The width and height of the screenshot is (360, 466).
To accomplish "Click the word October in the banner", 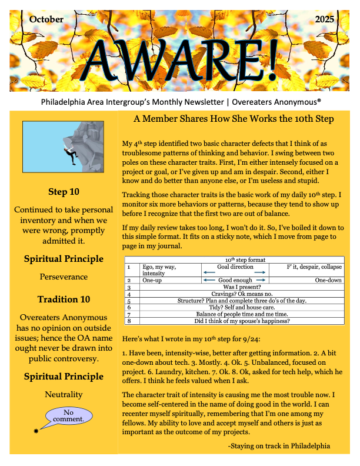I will pyautogui.click(x=46, y=19).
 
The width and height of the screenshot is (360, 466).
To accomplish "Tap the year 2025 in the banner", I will pyautogui.click(x=324, y=19).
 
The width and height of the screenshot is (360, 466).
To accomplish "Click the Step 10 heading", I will pyautogui.click(x=64, y=192).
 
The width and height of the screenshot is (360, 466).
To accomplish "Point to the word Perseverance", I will pyautogui.click(x=64, y=276).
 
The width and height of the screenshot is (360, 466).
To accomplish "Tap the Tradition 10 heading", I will pyautogui.click(x=64, y=299).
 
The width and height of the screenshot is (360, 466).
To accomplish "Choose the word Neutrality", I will pyautogui.click(x=64, y=394).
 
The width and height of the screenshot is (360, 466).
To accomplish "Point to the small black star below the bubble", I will pyautogui.click(x=37, y=432).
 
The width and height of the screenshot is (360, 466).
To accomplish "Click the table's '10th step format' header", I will pyautogui.click(x=234, y=259).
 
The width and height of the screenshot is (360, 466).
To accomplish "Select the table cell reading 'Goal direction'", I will pyautogui.click(x=235, y=267).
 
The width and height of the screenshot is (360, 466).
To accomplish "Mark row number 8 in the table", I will pyautogui.click(x=129, y=321).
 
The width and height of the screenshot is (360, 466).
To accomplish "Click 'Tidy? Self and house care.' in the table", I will pyautogui.click(x=235, y=307).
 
